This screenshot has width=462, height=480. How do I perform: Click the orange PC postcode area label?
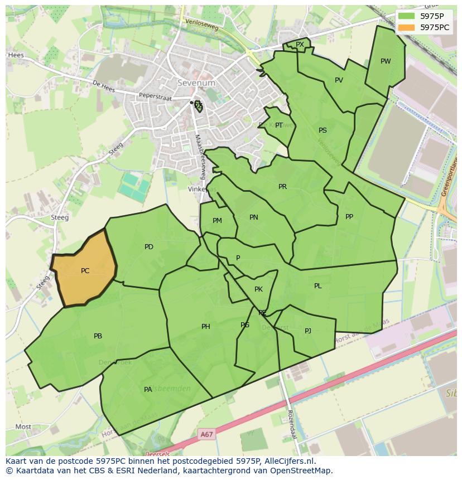point(85,271)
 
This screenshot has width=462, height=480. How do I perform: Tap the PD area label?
point(149,247)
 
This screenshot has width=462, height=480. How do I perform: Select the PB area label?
point(98,336)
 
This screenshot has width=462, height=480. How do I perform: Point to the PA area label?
point(148,390)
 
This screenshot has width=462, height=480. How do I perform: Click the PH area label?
point(206,327)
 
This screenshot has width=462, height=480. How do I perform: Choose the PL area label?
point(318,286)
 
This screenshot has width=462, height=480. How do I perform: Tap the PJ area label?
point(308,331)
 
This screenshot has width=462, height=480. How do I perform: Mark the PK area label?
point(258,289)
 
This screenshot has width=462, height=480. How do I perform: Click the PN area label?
point(254,217)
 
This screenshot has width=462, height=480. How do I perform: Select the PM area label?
point(217,221)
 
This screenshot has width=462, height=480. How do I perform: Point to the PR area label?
point(282,187)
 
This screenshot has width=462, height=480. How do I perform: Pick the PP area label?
point(349,217)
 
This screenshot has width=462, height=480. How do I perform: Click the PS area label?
point(323,130)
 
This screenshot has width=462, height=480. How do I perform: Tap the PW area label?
point(386,61)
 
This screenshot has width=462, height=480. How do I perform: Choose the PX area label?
point(300,45)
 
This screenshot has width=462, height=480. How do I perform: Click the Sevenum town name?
point(196,83)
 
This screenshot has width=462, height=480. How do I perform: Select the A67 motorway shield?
point(206,434)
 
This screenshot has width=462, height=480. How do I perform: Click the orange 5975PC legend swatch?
point(407,27)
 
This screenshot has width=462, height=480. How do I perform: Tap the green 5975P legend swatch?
point(407,16)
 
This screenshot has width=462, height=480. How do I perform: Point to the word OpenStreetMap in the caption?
point(302,471)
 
